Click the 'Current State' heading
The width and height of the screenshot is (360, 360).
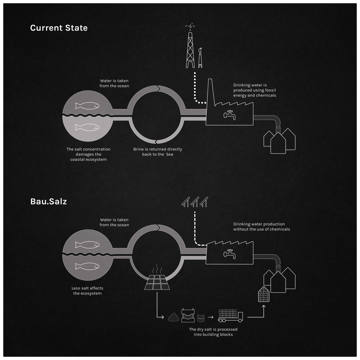point(59,28)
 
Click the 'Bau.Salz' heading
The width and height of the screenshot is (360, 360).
point(48,201)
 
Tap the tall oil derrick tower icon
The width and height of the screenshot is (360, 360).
point(190,48)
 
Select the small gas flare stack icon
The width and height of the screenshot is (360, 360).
point(200,58)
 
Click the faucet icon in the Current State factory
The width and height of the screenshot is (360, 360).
point(230,115)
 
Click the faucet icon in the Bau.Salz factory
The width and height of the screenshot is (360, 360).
point(230,254)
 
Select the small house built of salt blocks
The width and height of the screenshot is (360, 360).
point(264,294)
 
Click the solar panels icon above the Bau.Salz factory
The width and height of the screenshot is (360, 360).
point(195,202)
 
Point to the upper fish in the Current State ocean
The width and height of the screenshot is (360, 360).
point(87,106)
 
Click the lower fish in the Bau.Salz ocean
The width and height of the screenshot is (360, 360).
point(87,266)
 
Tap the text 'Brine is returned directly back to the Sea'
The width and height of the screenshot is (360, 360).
point(158,152)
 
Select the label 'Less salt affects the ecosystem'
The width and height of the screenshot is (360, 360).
point(87,291)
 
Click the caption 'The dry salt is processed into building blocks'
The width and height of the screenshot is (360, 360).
point(213,332)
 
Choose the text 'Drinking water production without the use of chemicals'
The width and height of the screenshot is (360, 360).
point(261,227)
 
